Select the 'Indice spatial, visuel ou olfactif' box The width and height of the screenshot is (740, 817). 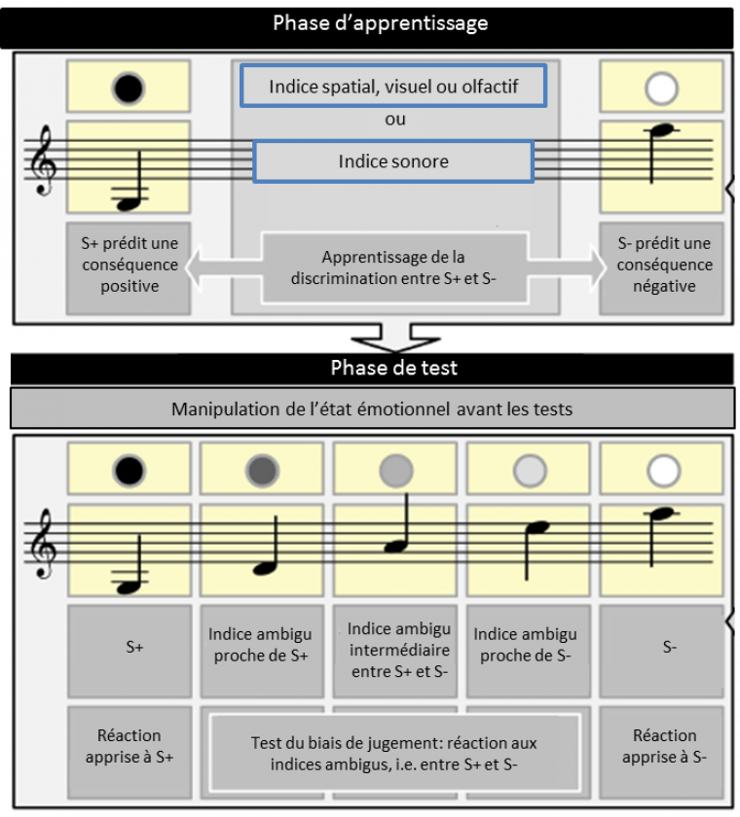pos(393,88)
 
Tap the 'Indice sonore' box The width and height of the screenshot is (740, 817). pos(393,161)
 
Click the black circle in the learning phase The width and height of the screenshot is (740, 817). pos(129,89)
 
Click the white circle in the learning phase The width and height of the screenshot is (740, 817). pos(661,89)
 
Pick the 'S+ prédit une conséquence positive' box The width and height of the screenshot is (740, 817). pos(129,266)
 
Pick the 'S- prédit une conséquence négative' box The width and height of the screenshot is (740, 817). pos(663,266)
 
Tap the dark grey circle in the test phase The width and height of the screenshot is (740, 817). pos(263,472)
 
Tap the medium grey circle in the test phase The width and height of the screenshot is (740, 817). pos(396,472)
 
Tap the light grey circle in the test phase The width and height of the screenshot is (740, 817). pos(529,472)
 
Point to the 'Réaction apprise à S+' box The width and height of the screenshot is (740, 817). pos(129,747)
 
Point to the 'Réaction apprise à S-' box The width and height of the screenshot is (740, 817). pos(665,747)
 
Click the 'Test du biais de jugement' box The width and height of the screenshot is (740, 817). pos(395,755)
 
